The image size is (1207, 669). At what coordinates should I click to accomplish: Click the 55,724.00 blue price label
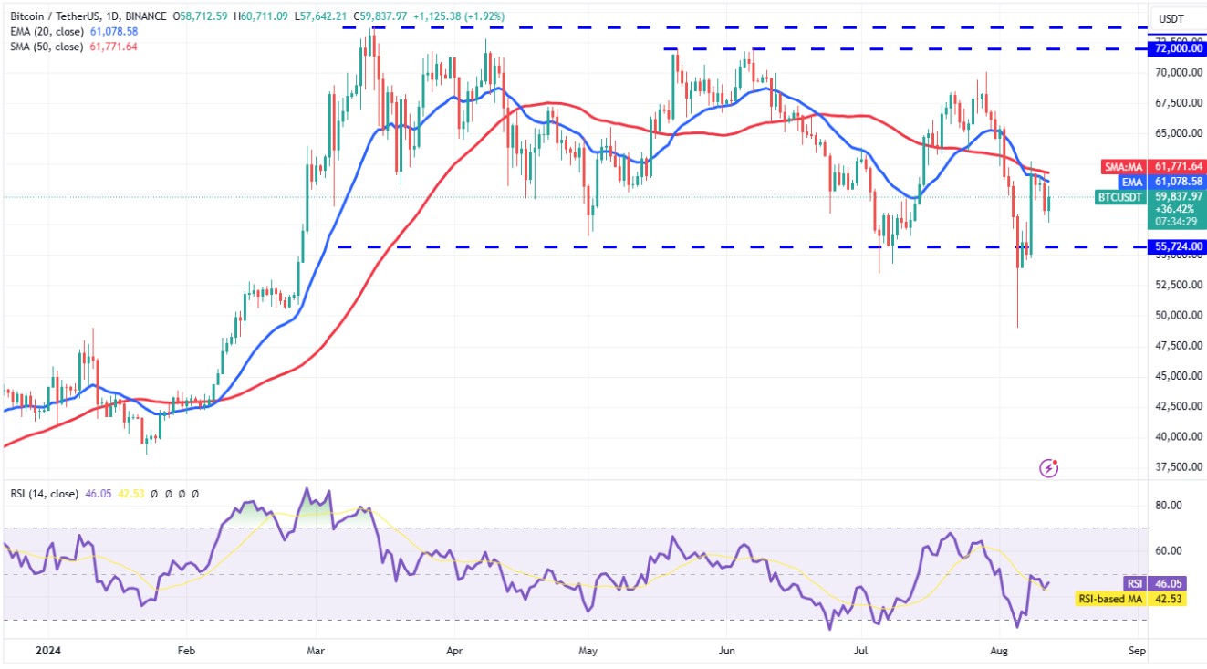coord(1178,246)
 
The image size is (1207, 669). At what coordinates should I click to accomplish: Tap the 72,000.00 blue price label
coord(1178,48)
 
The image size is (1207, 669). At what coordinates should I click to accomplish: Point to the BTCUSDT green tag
coord(1119,196)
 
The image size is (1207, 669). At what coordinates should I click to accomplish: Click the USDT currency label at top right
coord(1171,18)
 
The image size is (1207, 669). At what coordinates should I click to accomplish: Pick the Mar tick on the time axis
coord(314,652)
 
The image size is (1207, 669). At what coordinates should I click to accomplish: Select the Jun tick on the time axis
coord(726,652)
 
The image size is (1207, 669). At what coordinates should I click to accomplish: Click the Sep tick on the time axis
coord(1137,652)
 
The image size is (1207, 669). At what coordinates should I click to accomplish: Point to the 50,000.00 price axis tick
coord(1178,315)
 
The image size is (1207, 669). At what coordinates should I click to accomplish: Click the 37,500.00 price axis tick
coord(1178,466)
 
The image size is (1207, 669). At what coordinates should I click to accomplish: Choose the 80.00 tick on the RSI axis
coord(1170,505)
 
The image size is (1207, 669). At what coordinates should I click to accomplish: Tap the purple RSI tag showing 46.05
coord(1132,583)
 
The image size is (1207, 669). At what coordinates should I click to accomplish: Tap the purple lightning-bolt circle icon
coord(1049,468)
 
